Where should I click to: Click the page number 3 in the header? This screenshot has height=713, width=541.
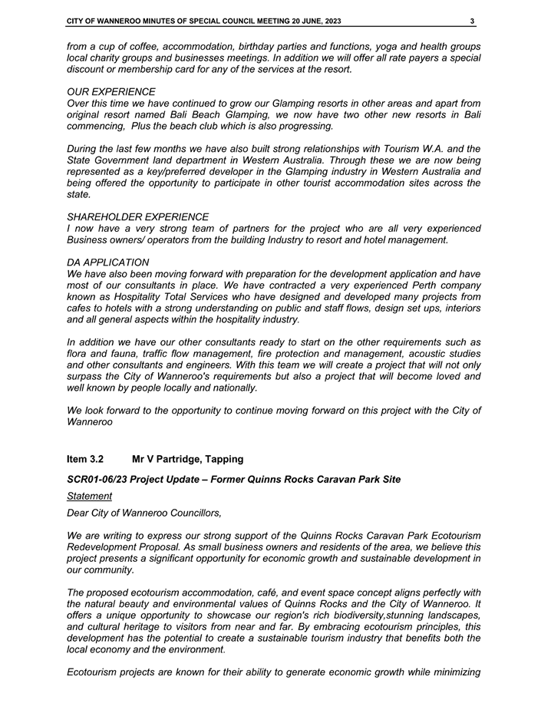(473, 21)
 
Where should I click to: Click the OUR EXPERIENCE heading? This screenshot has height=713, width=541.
(111, 91)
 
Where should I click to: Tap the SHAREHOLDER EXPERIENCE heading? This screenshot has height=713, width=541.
(138, 217)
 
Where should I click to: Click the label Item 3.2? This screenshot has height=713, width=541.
(85, 459)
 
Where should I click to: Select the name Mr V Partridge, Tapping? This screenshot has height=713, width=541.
(188, 459)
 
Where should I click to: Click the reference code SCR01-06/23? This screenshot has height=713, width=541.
(99, 479)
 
